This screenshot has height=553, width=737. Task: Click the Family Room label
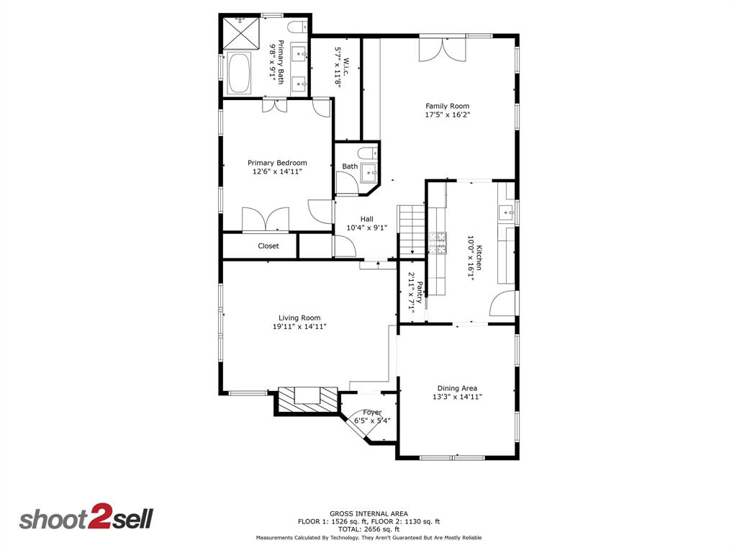(x=447, y=106)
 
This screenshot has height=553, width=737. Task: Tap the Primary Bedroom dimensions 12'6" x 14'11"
(x=277, y=172)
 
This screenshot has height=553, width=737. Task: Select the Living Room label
(x=299, y=318)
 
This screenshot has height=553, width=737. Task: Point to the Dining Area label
(x=457, y=388)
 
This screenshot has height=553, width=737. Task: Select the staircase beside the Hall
(x=412, y=229)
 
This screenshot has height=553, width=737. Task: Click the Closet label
(x=268, y=246)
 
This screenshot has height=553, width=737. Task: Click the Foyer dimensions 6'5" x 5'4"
(x=372, y=421)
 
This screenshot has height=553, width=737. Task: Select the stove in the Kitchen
(x=437, y=243)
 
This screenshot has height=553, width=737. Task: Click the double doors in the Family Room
(x=443, y=49)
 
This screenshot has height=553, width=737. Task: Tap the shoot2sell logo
(x=86, y=519)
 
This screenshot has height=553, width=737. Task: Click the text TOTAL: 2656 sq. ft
(x=368, y=529)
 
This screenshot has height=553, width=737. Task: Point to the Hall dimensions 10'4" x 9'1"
(x=367, y=228)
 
